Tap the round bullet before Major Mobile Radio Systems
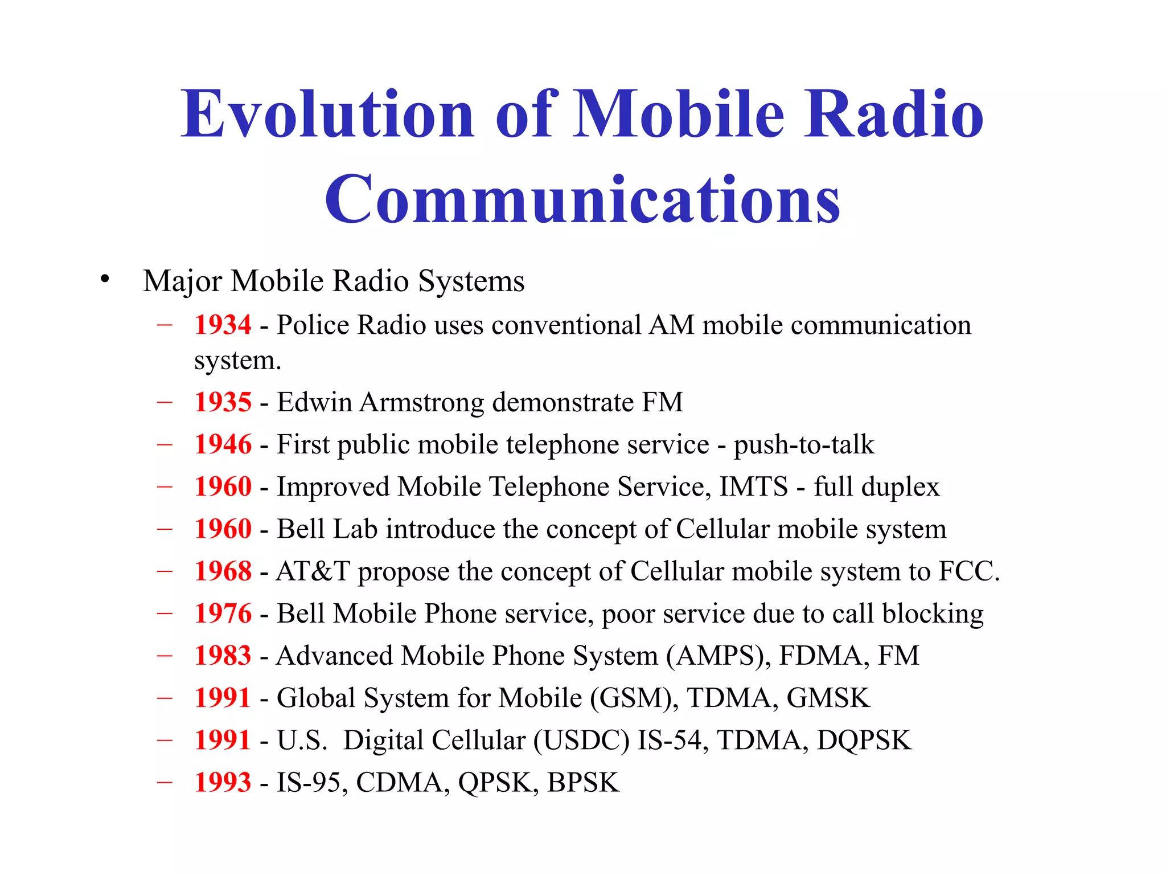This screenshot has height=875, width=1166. pyautogui.click(x=104, y=279)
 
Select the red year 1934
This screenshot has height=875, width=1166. pyautogui.click(x=223, y=325)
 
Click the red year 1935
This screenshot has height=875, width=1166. pyautogui.click(x=223, y=402)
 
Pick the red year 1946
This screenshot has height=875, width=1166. pyautogui.click(x=223, y=444)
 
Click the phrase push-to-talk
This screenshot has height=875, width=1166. pyautogui.click(x=803, y=444)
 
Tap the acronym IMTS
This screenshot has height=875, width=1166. pyautogui.click(x=754, y=487)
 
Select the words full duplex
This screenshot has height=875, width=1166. pyautogui.click(x=876, y=487)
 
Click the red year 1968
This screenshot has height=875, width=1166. pyautogui.click(x=223, y=571)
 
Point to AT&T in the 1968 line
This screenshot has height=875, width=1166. pyautogui.click(x=313, y=571)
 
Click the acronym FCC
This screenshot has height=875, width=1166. pyautogui.click(x=968, y=571)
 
